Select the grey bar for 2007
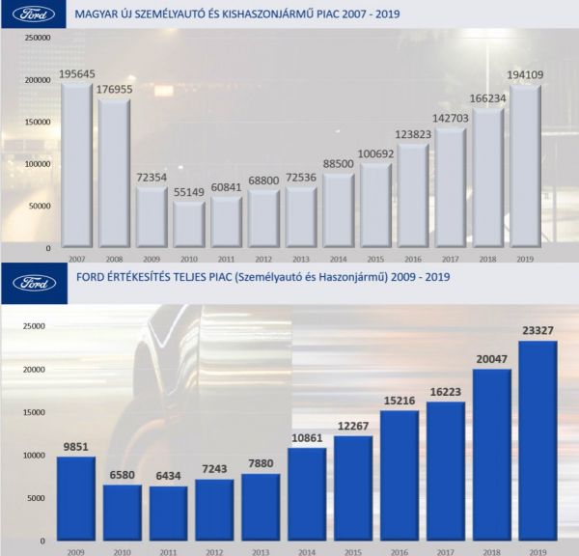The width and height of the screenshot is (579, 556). coord(76,164)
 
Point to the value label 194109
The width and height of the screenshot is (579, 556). coord(525,74)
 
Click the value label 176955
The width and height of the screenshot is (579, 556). coord(115,90)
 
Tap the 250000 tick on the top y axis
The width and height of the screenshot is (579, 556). coord(36,38)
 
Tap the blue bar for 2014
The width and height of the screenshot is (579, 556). coord(307,492)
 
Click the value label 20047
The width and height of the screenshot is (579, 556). coord(492,361)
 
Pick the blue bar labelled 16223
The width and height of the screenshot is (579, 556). coord(446,470)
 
